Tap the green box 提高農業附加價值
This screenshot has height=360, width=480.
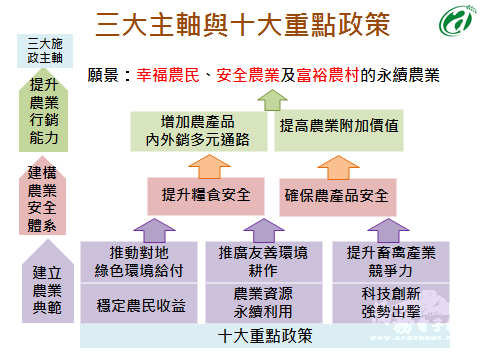point(339,128)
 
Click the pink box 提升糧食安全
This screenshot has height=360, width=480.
point(198,194)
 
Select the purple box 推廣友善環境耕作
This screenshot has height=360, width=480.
point(262,261)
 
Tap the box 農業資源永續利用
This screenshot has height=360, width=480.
point(262,303)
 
